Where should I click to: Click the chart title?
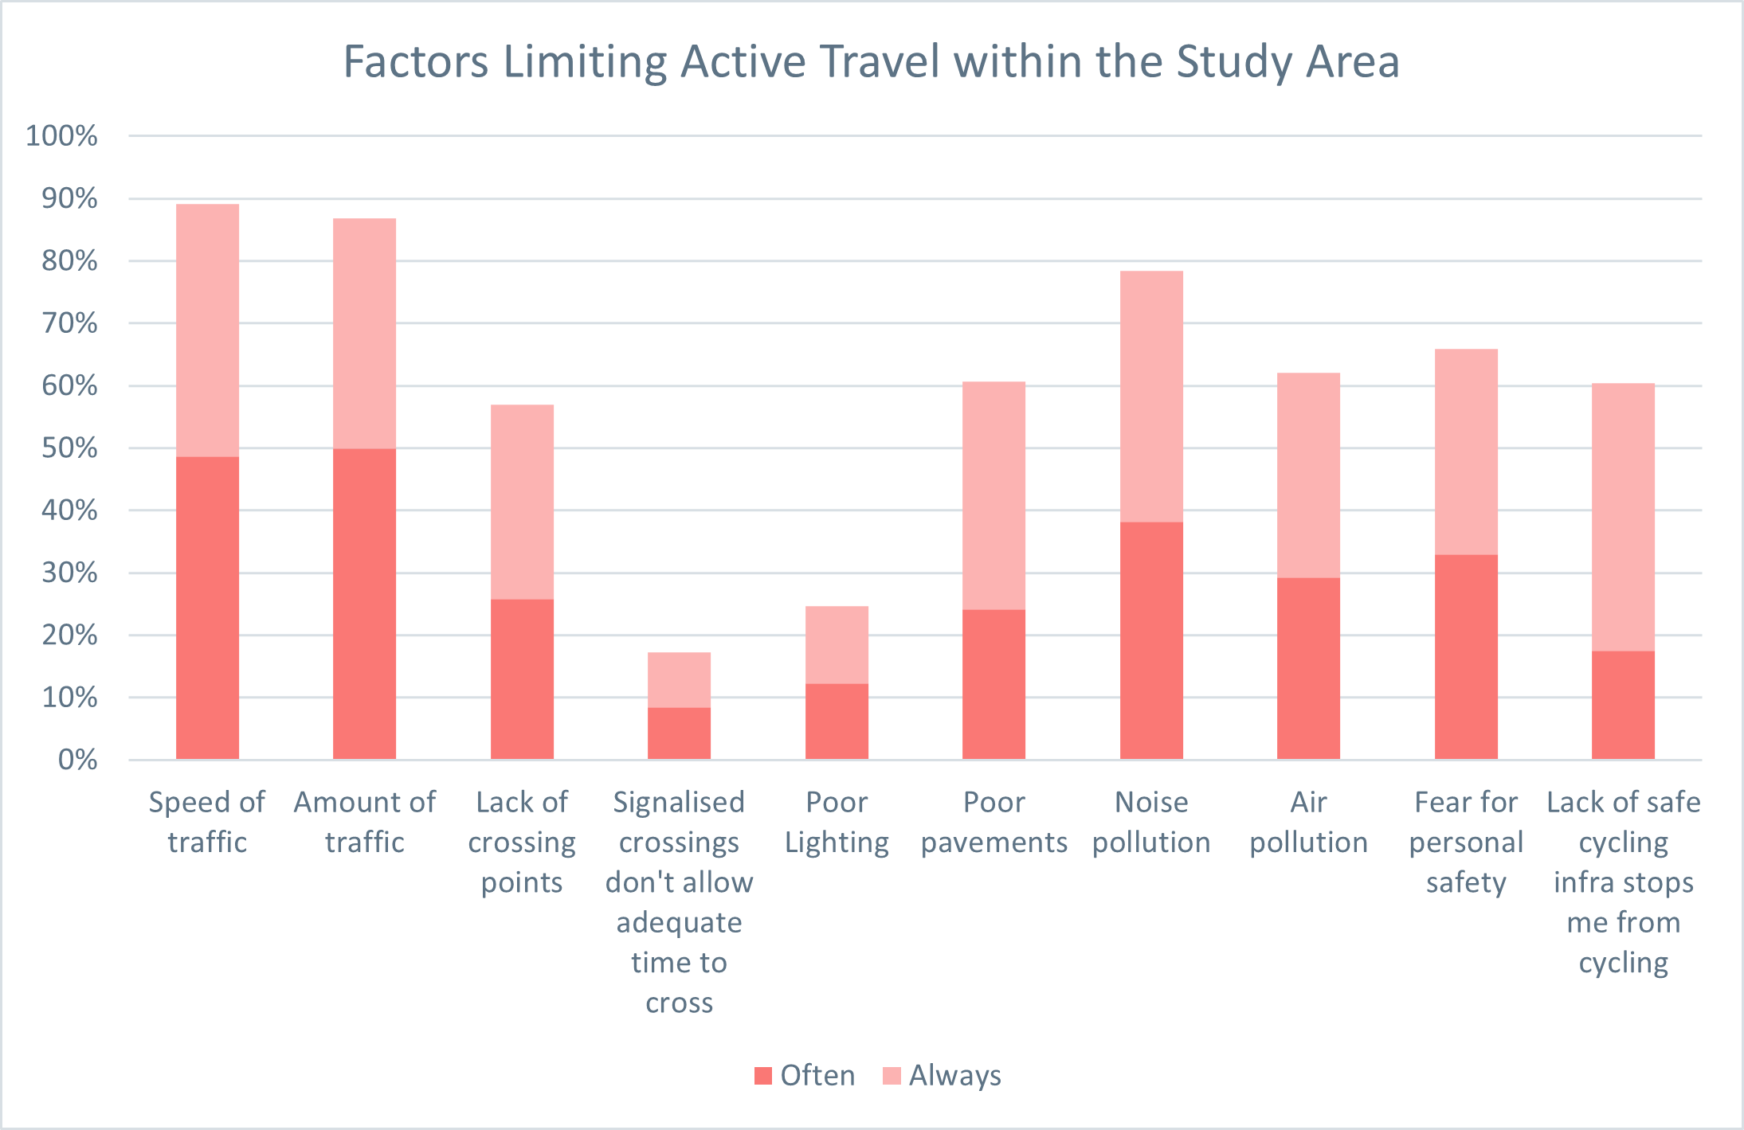(871, 62)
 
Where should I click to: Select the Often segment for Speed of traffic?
(207, 608)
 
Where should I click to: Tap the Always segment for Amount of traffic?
(364, 333)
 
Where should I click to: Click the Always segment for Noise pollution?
(1151, 396)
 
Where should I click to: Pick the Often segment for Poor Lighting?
(837, 721)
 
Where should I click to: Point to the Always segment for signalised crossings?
(679, 679)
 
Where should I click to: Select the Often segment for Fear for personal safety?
(1466, 656)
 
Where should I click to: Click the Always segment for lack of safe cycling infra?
(1623, 517)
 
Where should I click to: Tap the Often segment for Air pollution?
(1308, 668)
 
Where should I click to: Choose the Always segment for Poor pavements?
(993, 495)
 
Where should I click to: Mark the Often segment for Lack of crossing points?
(522, 678)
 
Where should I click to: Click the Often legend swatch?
(763, 1076)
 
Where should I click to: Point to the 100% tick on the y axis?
(62, 136)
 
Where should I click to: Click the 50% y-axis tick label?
(69, 448)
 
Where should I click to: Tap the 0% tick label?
(77, 760)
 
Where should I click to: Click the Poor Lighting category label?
(837, 822)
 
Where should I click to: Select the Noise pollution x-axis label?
(1151, 822)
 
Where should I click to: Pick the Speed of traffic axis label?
(207, 822)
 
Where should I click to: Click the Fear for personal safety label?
(1466, 842)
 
